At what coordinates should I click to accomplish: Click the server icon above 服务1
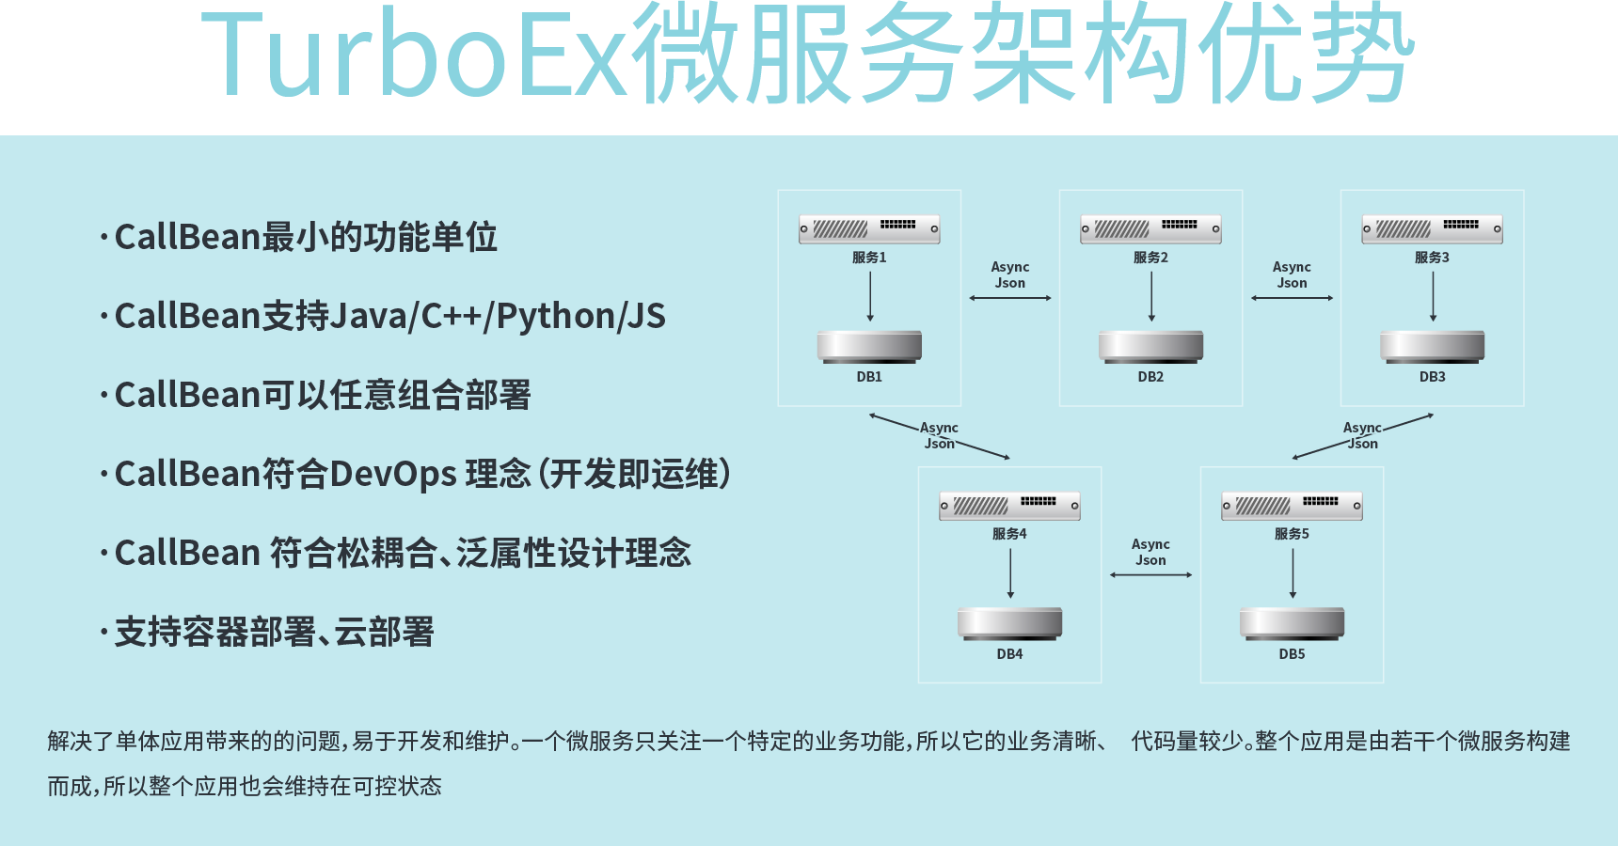coord(869,228)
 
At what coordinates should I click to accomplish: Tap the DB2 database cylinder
coord(1150,346)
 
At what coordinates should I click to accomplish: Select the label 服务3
coord(1432,258)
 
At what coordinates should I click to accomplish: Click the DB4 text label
coord(1009,654)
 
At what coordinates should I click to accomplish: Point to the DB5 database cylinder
coord(1292,622)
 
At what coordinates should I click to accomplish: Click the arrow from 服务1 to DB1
coord(870,296)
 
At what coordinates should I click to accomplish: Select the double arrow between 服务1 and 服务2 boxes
coord(1010,298)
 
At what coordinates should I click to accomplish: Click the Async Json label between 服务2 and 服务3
coord(1292,274)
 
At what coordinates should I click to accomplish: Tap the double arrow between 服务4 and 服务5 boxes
coord(1150,574)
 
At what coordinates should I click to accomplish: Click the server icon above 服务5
coord(1292,506)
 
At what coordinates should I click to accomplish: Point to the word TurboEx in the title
coord(414,56)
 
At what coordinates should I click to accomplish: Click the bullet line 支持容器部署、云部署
coord(274,633)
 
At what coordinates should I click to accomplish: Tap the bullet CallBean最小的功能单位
coord(305,238)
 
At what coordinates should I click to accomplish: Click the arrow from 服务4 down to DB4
coord(1010,572)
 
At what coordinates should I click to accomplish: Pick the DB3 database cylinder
coord(1432,346)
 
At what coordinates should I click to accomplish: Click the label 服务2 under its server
coord(1150,258)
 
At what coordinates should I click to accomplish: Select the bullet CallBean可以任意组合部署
coord(322,396)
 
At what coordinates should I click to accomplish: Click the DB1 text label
coord(869,377)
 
